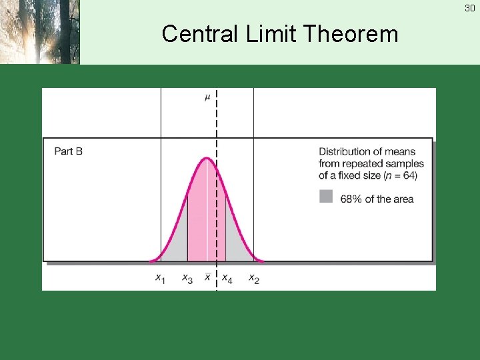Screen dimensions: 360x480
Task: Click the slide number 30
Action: [x=470, y=8]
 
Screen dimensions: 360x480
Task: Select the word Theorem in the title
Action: [x=354, y=33]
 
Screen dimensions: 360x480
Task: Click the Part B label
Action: [x=68, y=151]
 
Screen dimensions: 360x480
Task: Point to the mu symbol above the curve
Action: [x=207, y=97]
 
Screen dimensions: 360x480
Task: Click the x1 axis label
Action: [x=160, y=278]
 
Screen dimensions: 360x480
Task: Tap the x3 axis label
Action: [x=187, y=278]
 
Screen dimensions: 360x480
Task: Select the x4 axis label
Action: [x=227, y=278]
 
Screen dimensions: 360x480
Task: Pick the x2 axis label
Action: [x=253, y=278]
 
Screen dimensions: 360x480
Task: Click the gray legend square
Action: [x=326, y=196]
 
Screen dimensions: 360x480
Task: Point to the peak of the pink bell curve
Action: [x=207, y=158]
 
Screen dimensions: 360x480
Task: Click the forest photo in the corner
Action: [x=39, y=31]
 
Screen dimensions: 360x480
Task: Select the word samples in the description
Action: [x=405, y=163]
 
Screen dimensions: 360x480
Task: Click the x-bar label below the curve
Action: [x=207, y=277]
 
